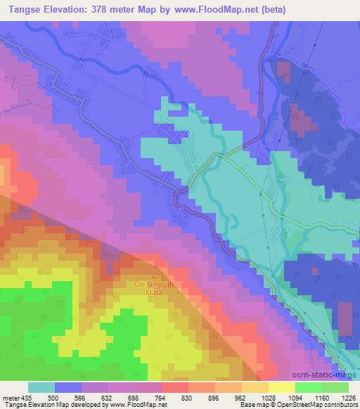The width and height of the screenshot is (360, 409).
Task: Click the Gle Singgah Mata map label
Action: (x=148, y=288)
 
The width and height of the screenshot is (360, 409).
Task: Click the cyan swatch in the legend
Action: (x=41, y=387)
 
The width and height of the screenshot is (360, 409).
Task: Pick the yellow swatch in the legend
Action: (x=281, y=387)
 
